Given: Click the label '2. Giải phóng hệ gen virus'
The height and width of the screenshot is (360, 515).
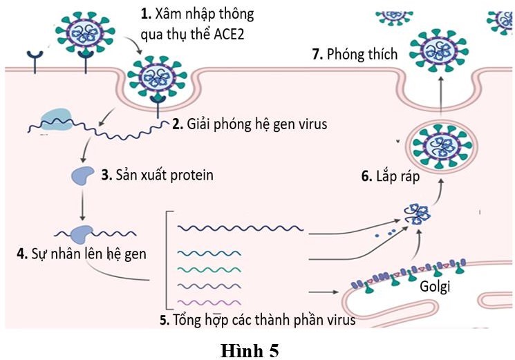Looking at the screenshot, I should click(249, 125).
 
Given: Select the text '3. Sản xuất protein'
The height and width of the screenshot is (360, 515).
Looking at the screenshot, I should click(157, 175).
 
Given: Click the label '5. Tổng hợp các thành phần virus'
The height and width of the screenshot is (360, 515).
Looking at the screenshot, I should click(256, 320).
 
